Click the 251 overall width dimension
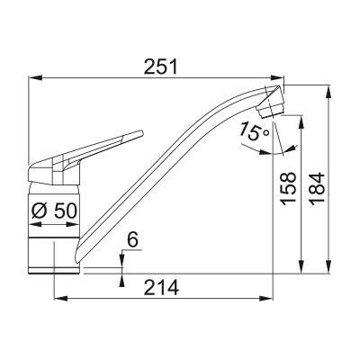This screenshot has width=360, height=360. pos(161,67)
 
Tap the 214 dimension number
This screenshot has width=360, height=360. pos(161,287)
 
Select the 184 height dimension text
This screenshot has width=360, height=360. pos(317,189)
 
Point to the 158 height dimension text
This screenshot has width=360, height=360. pos(288,189)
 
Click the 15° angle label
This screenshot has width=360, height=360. pos(254,131)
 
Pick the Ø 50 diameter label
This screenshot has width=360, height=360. pos(54,211)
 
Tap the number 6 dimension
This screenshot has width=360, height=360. pos(132,239)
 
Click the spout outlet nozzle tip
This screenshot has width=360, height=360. pos(272,112)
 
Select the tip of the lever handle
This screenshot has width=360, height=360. pos(141,133)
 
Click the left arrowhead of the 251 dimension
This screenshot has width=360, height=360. pos(34,77)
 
